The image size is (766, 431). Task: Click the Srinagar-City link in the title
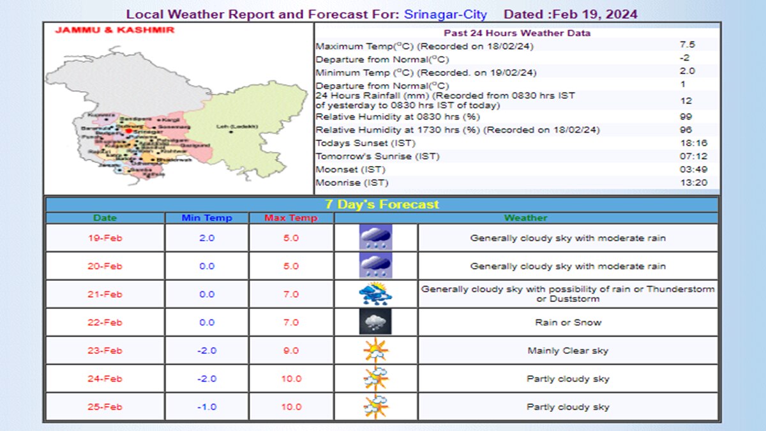point(445,14)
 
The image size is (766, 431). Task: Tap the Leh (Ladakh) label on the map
point(237,126)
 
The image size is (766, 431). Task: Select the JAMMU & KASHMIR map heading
point(114,30)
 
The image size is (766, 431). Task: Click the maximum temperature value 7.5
point(687,45)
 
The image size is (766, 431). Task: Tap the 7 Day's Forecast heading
point(381,204)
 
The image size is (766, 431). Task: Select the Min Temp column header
point(206,218)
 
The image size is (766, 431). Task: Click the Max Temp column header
point(290,218)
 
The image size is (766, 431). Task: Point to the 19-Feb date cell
point(105,238)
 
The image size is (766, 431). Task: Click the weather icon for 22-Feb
point(375,322)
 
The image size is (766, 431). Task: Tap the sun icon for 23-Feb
point(375,351)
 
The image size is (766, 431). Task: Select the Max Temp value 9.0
point(290,351)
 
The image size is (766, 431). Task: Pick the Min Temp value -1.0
point(206,407)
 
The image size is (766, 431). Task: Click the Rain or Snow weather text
point(567,322)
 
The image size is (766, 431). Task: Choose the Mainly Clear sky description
point(567,351)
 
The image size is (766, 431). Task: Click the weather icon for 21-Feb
point(375,294)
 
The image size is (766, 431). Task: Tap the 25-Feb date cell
point(105,407)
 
